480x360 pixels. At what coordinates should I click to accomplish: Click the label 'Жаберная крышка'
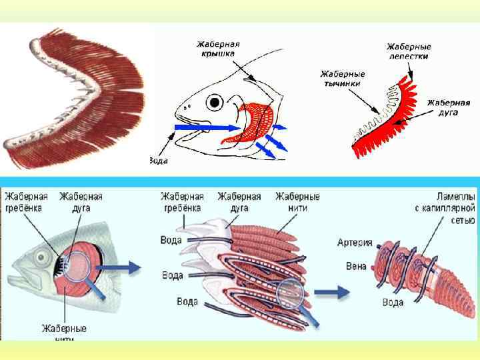pos(218,49)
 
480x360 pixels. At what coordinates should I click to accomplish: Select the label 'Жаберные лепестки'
pos(409,51)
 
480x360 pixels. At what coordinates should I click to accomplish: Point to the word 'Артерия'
pos(355,243)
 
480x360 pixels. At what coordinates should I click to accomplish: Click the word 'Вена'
pos(355,266)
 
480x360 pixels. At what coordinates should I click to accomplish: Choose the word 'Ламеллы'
pos(455,195)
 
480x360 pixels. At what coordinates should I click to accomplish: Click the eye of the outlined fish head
pos(215,103)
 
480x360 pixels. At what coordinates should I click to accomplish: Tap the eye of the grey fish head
pos(43,257)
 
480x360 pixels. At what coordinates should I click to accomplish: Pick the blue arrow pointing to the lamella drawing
pos(331,292)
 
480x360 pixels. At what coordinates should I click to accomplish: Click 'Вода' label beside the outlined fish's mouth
pos(159,161)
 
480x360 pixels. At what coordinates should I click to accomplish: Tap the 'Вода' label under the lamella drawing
pos(393,302)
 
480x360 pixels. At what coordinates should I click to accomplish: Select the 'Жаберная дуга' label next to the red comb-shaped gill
pos(448,107)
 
